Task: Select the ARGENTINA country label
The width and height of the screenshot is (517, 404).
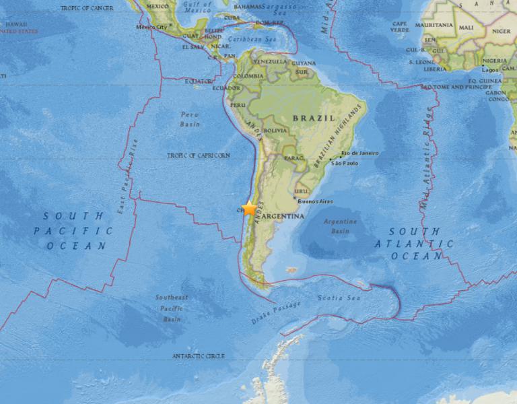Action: point(282,216)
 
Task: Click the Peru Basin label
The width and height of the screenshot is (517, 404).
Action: point(190,119)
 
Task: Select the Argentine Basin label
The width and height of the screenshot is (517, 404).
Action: point(340,226)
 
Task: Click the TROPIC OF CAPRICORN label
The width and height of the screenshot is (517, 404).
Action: point(199,156)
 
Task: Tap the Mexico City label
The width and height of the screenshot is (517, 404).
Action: point(151,28)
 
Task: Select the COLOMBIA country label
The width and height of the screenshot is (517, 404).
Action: point(249,76)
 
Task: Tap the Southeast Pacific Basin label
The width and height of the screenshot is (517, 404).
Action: point(172,308)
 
